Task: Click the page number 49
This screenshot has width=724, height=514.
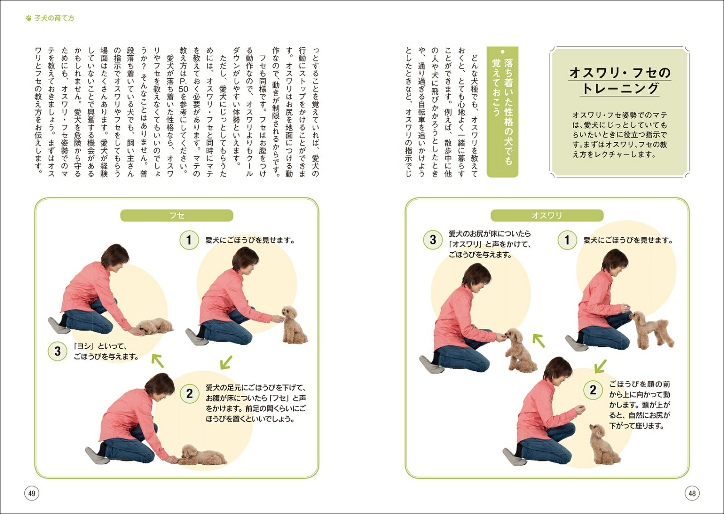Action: point(32,493)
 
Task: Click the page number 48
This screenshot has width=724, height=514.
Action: point(692,493)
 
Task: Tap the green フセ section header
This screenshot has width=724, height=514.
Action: point(176,216)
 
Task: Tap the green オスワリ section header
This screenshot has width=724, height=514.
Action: point(547,216)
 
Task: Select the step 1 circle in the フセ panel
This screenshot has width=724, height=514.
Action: point(189,240)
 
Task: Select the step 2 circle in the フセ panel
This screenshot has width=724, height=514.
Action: point(190,394)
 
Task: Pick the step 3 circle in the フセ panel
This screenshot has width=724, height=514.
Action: point(57,351)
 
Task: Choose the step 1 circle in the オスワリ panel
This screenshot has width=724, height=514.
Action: point(567,240)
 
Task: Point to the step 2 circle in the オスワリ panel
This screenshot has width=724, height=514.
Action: point(593,390)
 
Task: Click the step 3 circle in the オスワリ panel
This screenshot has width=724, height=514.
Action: point(433,240)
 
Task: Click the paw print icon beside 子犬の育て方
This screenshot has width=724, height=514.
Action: point(29,18)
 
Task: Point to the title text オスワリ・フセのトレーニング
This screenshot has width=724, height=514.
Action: point(620,81)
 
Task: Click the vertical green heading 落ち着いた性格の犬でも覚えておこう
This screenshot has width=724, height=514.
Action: point(502,111)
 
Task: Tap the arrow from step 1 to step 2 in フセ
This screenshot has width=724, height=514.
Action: point(226,362)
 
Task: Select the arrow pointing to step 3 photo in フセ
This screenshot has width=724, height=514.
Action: point(158,360)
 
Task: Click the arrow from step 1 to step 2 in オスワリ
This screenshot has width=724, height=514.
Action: point(600,366)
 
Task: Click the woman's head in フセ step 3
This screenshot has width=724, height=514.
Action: point(115,258)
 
